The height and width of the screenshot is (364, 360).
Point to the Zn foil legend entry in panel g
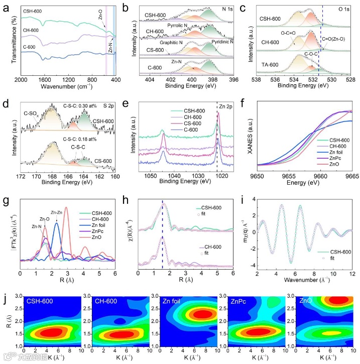tap(96, 226)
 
